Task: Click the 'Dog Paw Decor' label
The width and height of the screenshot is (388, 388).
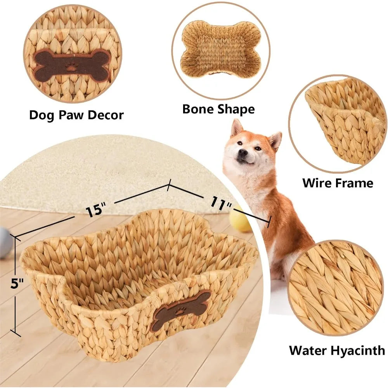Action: pos(76,115)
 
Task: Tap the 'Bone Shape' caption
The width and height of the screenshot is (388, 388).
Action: pos(218,109)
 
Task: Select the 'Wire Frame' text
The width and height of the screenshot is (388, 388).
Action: pos(337,182)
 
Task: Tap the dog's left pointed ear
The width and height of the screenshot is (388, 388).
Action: pos(236,128)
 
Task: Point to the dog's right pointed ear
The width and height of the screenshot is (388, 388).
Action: pos(275,140)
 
